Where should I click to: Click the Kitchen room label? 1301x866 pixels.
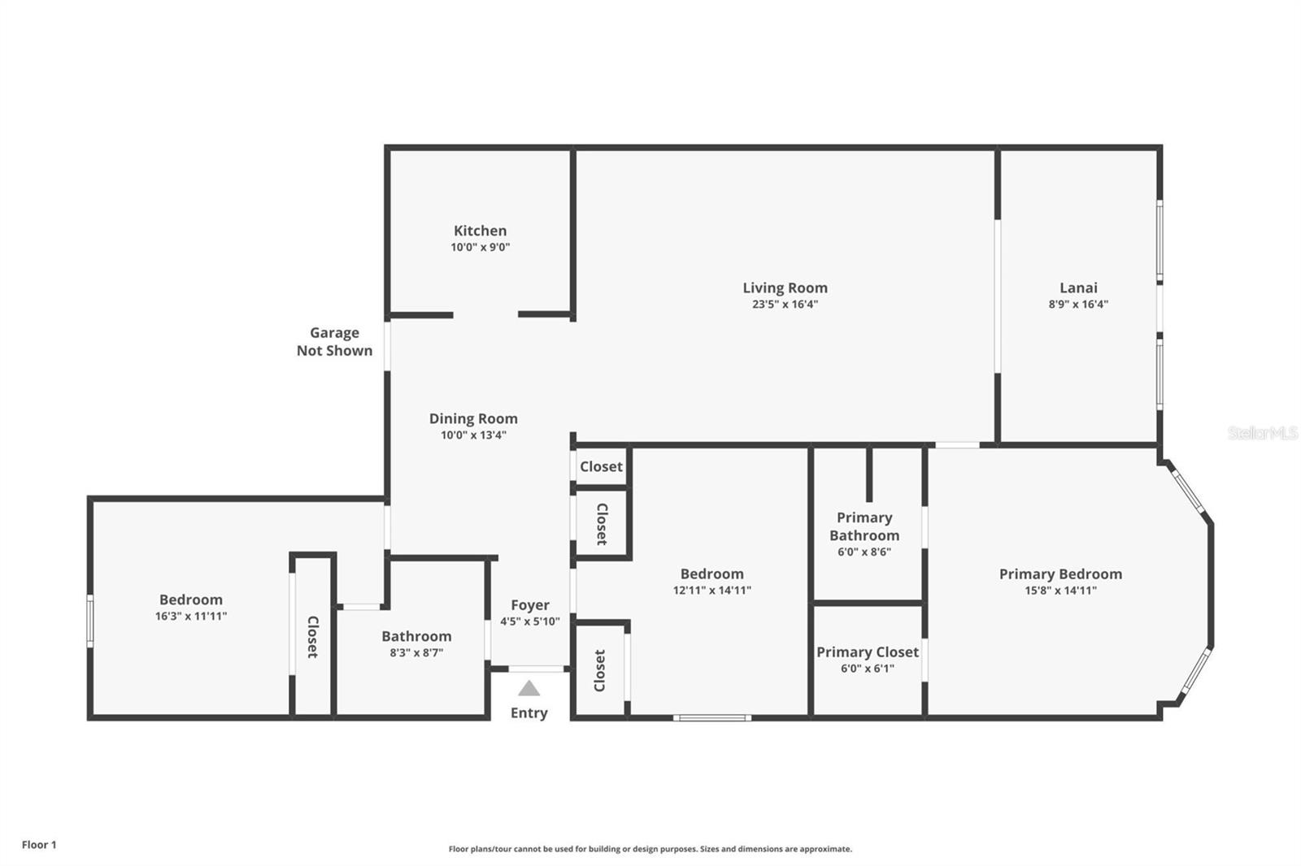(x=480, y=231)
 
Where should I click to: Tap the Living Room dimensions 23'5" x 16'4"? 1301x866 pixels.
(x=785, y=305)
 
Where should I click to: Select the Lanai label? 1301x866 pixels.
(x=1078, y=288)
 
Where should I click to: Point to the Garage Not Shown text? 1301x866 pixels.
(x=334, y=341)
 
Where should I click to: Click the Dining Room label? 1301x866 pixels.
(x=473, y=418)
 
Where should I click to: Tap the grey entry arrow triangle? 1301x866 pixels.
(x=529, y=689)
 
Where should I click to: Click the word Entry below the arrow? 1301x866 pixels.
(x=529, y=713)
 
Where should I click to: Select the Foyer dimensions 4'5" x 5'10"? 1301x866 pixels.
(x=530, y=621)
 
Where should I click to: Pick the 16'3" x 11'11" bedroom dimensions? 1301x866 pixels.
(x=191, y=617)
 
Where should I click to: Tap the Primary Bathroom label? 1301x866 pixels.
(x=864, y=526)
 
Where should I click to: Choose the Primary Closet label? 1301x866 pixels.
(x=868, y=652)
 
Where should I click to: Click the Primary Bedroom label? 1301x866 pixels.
(x=1060, y=574)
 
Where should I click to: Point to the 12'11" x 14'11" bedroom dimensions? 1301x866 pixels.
(x=711, y=591)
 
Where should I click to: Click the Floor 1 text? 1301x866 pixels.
(x=39, y=845)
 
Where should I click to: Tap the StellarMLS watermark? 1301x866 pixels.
(x=1262, y=433)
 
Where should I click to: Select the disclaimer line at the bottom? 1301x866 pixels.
(x=650, y=849)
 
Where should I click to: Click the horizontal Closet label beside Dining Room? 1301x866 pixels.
(x=601, y=467)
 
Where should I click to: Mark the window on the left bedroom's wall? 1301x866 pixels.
(x=90, y=621)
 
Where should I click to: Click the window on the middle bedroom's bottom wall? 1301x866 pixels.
(x=712, y=717)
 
